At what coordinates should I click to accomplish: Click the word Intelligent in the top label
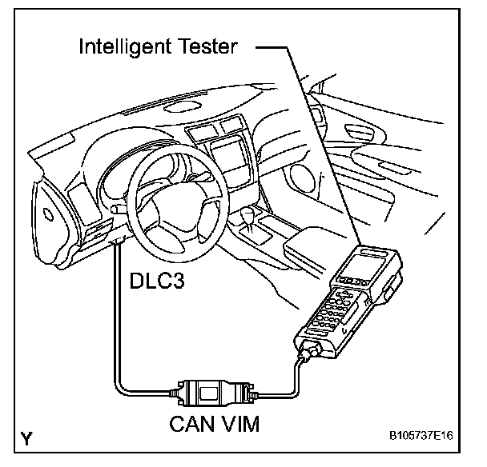coord(132,46)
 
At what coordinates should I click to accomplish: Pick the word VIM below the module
coord(239,425)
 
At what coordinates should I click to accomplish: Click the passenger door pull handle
coord(389,167)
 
